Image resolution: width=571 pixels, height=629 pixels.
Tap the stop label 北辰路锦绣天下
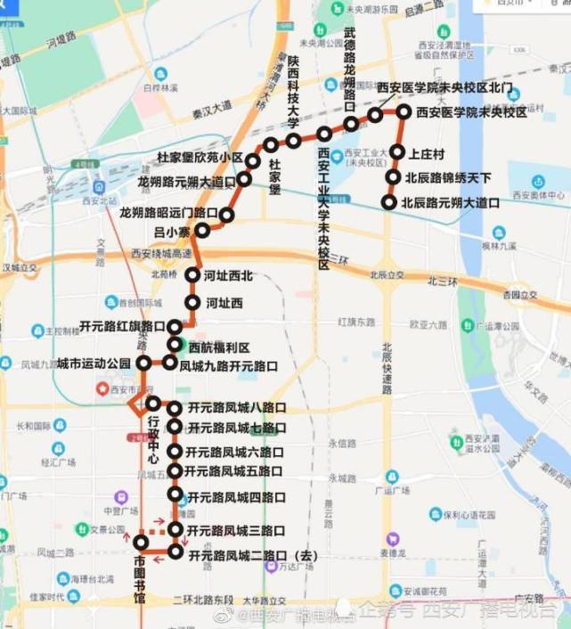click(x=447, y=177)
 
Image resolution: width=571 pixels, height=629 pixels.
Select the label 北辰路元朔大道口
click(x=450, y=202)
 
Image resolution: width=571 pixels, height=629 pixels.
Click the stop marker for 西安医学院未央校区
click(x=404, y=112)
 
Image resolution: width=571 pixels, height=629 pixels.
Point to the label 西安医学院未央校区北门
click(x=445, y=87)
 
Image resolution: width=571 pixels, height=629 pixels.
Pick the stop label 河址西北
click(x=228, y=275)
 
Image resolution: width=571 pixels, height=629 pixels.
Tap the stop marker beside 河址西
click(x=192, y=303)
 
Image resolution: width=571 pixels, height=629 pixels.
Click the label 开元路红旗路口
click(x=123, y=326)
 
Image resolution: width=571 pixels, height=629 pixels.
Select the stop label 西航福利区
click(x=219, y=347)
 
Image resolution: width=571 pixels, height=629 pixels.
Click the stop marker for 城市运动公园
click(x=143, y=364)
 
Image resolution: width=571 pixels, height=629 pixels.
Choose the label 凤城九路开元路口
click(x=228, y=365)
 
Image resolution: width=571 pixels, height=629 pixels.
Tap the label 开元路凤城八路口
click(x=236, y=408)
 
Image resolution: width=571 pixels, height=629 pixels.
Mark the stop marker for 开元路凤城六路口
click(x=175, y=452)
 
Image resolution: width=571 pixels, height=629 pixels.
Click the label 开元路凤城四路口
click(x=236, y=496)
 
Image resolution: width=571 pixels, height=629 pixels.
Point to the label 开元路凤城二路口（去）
click(x=252, y=554)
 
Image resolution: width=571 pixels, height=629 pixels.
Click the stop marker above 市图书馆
click(x=141, y=542)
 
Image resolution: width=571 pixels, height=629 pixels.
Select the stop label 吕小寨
click(x=172, y=232)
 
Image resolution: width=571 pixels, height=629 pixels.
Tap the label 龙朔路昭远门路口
click(x=169, y=213)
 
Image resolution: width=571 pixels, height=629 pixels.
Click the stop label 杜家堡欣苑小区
click(x=200, y=158)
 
